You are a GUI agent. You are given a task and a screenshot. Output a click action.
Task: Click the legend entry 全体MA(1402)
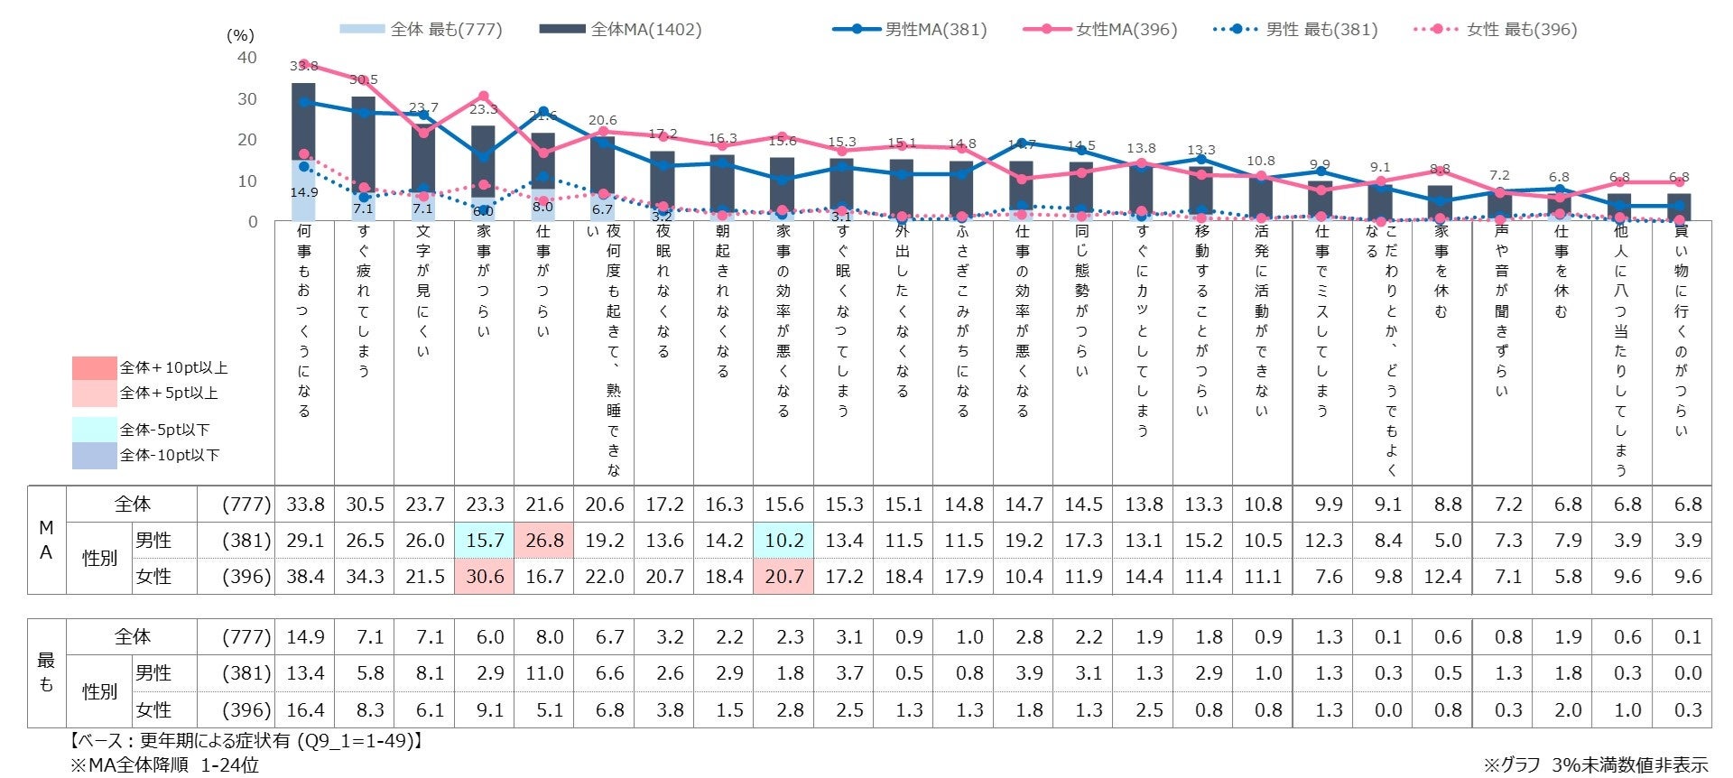[x=620, y=30]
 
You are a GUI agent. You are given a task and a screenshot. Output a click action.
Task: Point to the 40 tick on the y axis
[x=246, y=58]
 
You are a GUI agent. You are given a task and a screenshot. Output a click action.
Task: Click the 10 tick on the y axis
[x=246, y=181]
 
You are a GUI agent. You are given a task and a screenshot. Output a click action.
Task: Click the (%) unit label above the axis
[x=240, y=36]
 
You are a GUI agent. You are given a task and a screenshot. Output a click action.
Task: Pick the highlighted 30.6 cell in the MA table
[x=485, y=577]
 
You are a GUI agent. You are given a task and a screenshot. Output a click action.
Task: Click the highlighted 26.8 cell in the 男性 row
[x=544, y=541]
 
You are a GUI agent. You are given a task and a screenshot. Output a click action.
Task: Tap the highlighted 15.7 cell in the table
[x=485, y=541]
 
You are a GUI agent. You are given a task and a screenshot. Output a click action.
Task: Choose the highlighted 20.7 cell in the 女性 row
[x=783, y=577]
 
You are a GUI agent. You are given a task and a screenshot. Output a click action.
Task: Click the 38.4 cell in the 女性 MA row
[x=305, y=577]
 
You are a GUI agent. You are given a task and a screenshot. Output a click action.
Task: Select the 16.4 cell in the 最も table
[x=305, y=710]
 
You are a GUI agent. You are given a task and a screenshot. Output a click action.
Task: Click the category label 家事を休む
[x=1441, y=271]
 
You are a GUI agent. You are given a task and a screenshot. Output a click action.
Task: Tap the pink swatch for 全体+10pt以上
[x=95, y=367]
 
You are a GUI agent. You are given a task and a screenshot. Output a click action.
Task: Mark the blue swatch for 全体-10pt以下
[x=95, y=455]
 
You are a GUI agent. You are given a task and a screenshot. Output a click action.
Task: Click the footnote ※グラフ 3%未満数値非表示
[x=1596, y=764]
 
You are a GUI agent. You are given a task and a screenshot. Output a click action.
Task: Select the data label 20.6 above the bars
[x=603, y=120]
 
